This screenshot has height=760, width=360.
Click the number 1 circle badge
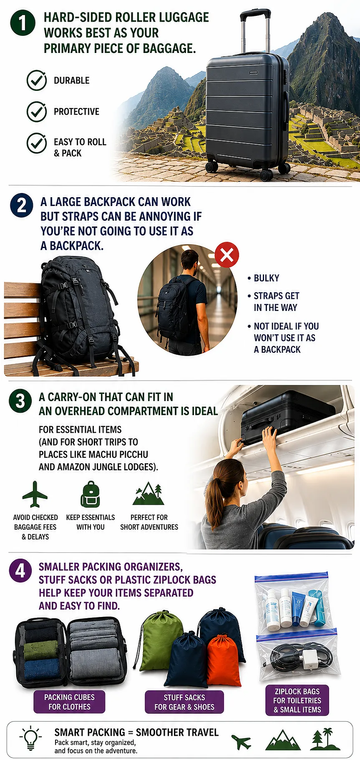[x=23, y=23]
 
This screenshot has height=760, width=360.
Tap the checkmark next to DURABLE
[x=37, y=80]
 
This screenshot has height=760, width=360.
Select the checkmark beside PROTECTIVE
[x=37, y=111]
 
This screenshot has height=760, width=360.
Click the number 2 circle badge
[x=22, y=206]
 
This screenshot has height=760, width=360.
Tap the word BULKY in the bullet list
[x=267, y=278]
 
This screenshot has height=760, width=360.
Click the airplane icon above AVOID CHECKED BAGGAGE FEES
[x=35, y=494]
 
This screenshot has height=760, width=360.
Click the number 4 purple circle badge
[x=20, y=571]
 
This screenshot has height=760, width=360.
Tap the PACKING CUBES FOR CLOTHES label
[x=69, y=702]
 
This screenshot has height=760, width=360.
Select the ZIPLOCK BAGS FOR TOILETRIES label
[x=297, y=700]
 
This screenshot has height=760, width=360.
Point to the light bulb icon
[x=30, y=738]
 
